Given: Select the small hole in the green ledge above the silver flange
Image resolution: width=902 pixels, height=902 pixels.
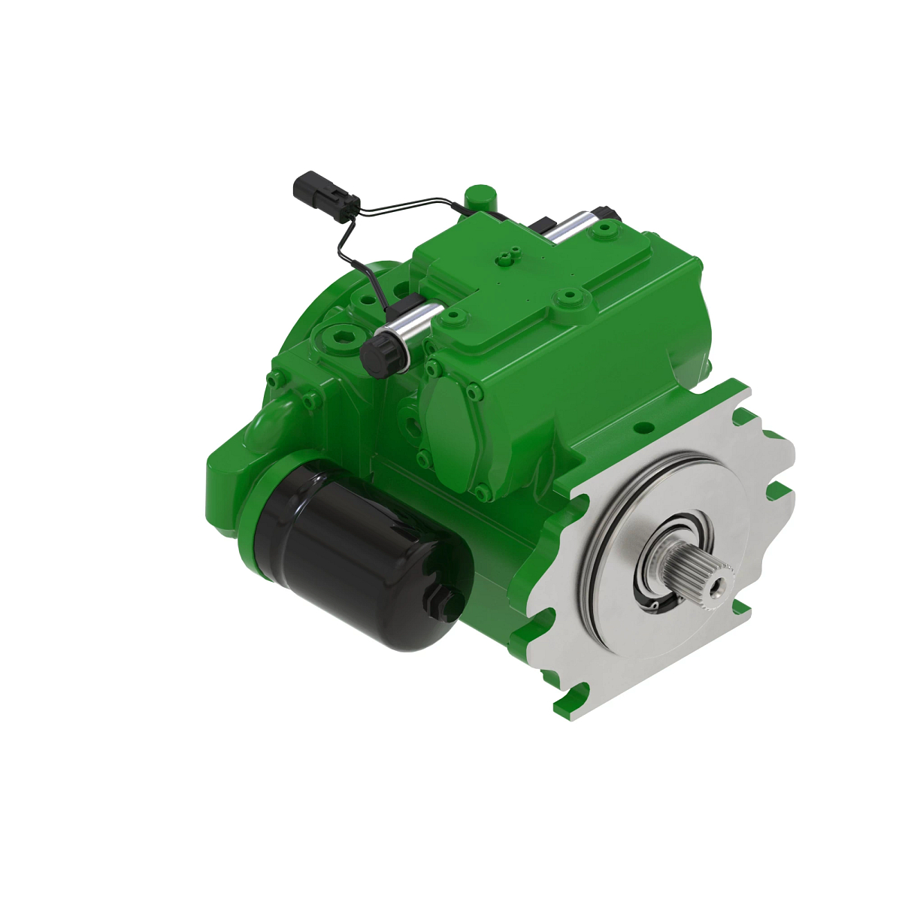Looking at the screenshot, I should click(643, 428).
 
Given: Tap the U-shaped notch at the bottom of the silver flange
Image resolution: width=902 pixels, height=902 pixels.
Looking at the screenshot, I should click(583, 689).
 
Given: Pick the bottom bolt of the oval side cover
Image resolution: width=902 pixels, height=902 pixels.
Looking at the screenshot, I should click(482, 493).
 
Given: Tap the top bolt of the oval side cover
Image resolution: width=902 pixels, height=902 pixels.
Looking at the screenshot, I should click(432, 367).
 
